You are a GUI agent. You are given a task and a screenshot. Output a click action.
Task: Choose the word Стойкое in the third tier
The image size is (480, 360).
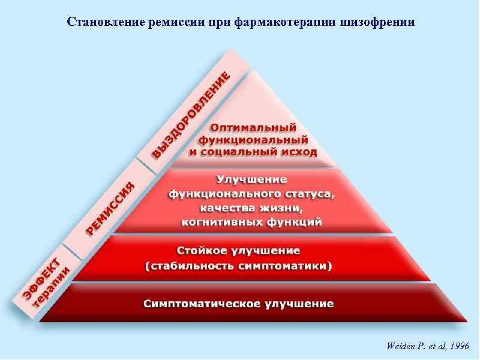202,250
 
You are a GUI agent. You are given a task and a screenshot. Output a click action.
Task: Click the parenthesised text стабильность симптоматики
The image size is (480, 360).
239,265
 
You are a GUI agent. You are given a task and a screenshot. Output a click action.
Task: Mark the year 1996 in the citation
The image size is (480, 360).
459,347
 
